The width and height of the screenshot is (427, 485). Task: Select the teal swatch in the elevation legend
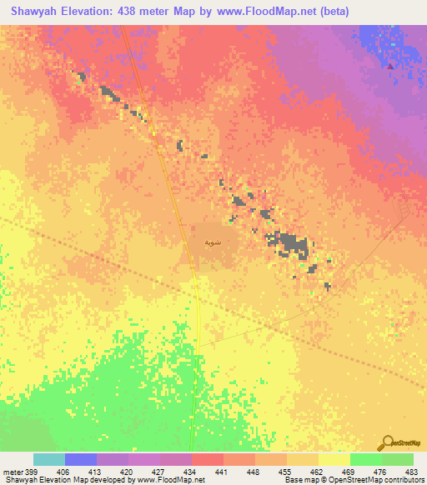(x=49, y=459)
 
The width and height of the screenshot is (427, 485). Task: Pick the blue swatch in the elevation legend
(x=81, y=459)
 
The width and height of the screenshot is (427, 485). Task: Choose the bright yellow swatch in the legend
(x=334, y=459)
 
